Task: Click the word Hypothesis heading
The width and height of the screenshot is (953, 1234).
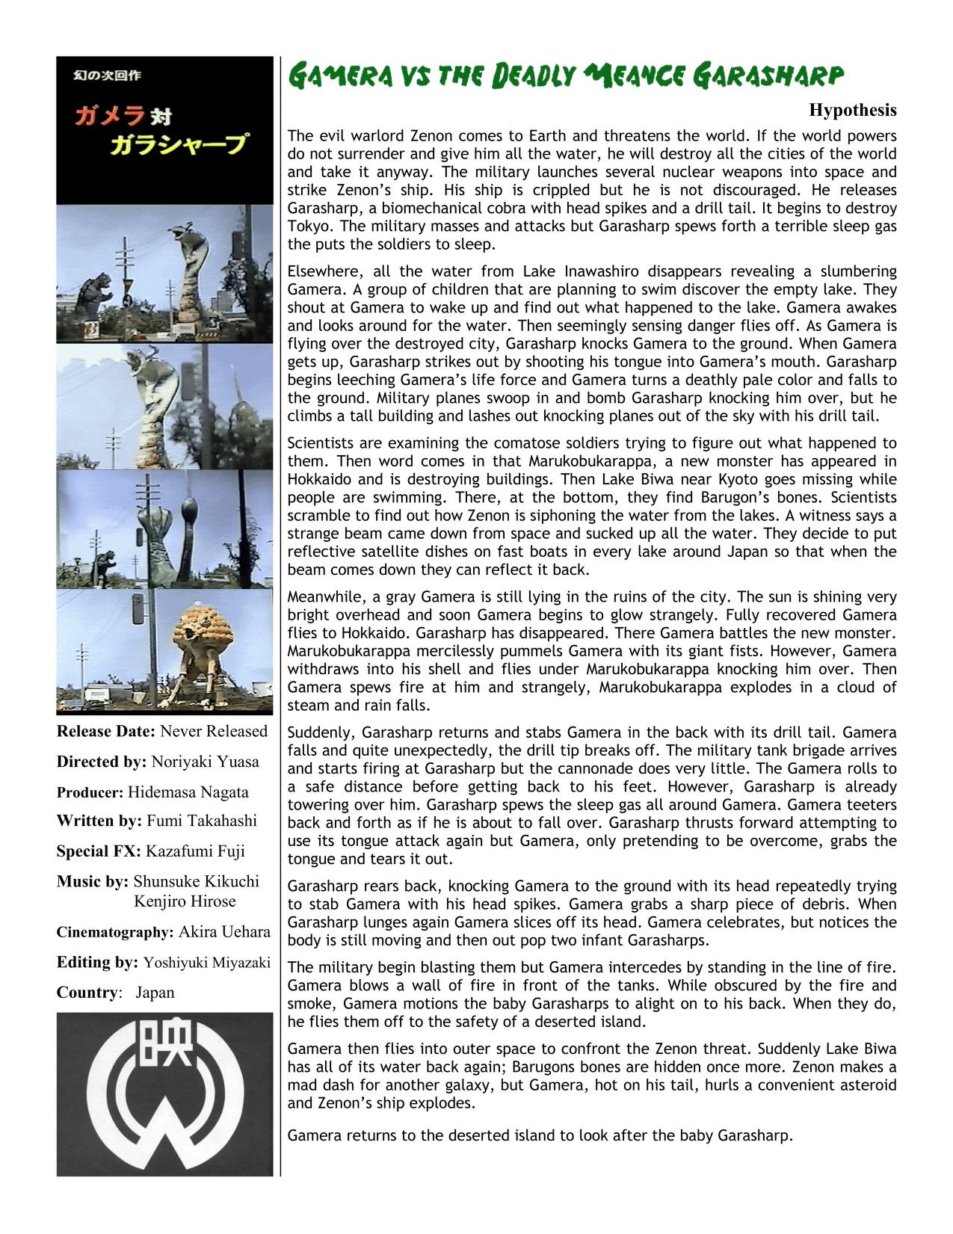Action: coord(852,111)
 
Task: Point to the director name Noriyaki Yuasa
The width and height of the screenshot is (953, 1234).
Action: coord(205,762)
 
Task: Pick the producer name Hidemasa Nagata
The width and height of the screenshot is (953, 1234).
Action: coord(188,792)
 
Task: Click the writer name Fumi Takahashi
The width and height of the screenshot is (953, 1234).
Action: coord(201,821)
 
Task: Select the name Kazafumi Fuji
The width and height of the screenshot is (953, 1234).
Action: coord(195,851)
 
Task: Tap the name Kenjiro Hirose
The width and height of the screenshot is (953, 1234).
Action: coord(185,901)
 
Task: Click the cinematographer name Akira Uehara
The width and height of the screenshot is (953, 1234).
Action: coord(224,932)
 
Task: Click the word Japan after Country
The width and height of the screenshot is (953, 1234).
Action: coord(155,993)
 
